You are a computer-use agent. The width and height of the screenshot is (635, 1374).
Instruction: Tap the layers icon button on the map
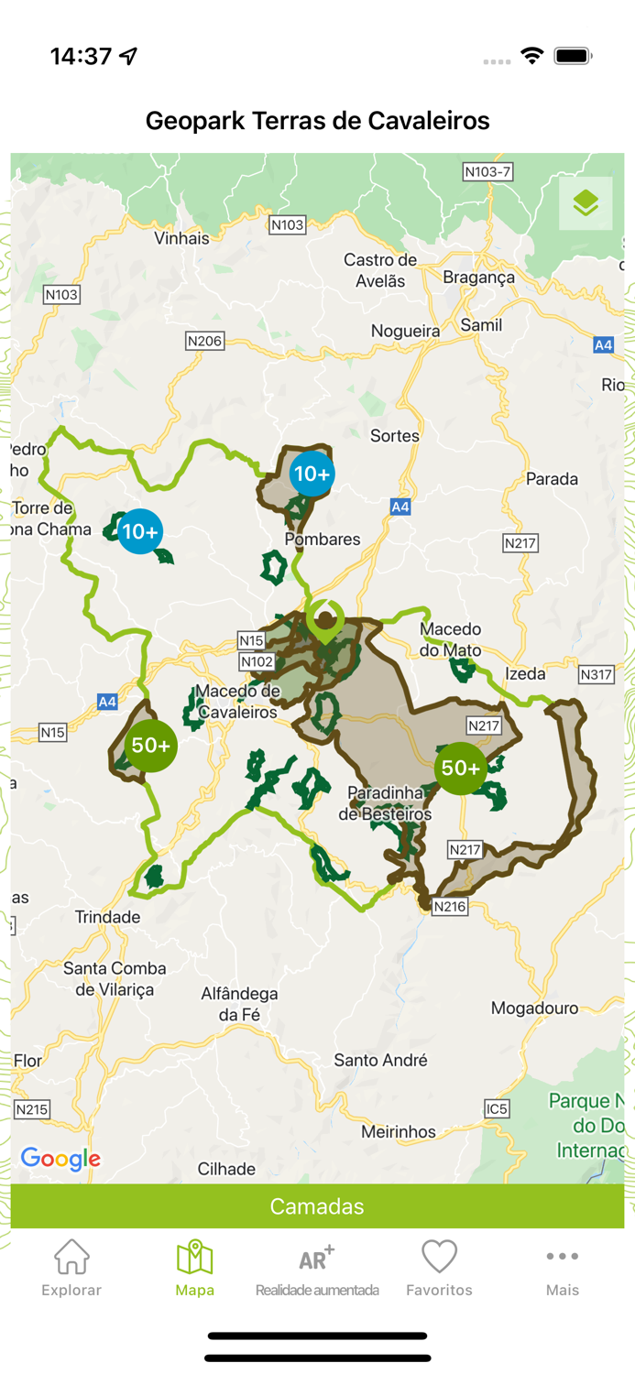(x=586, y=203)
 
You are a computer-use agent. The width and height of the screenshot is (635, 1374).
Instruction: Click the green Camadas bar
(x=317, y=1206)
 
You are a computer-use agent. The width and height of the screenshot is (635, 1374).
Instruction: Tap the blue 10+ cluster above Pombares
(x=312, y=474)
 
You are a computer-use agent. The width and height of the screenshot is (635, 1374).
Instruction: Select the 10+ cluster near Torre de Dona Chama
(x=140, y=531)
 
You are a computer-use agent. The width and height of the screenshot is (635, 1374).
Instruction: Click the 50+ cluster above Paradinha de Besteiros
(x=461, y=769)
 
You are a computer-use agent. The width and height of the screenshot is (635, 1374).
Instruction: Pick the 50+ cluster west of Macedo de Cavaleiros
(x=151, y=746)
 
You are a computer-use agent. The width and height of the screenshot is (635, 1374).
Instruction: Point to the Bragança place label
(x=478, y=278)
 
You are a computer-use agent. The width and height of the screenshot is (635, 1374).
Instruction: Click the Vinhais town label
(x=181, y=238)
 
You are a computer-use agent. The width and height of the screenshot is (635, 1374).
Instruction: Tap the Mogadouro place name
(x=534, y=1009)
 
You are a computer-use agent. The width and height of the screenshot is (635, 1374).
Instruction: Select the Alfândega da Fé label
(x=239, y=1004)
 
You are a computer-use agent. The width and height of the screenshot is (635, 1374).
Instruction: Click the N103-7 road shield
(x=487, y=171)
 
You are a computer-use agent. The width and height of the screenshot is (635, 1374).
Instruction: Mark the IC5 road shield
(x=497, y=1109)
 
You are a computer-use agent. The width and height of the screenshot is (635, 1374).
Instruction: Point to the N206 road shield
(x=204, y=341)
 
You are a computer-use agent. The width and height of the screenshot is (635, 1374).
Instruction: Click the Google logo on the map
(x=60, y=1159)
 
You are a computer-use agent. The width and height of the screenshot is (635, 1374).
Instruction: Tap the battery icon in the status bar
(x=573, y=57)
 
